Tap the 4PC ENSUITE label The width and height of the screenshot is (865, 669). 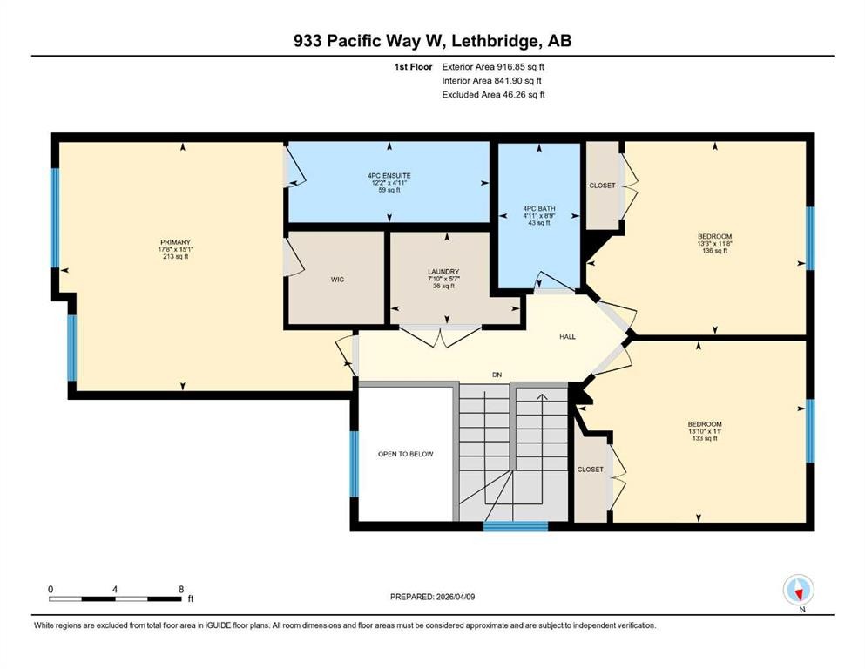389,175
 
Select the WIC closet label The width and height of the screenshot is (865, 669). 338,280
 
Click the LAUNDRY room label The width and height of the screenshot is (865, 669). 443,272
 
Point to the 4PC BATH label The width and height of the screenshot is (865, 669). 538,209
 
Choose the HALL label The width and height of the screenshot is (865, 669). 566,337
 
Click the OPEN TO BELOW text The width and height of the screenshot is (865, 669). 405,454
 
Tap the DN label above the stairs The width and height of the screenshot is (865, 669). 497,375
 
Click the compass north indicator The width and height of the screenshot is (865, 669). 798,591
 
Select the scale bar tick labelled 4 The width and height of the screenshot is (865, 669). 115,589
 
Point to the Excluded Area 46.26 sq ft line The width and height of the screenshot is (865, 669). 493,95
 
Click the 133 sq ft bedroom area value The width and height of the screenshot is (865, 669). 704,438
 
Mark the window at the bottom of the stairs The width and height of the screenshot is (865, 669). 515,526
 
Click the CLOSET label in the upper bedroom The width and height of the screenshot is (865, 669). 601,186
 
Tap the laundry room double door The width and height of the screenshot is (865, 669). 442,336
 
